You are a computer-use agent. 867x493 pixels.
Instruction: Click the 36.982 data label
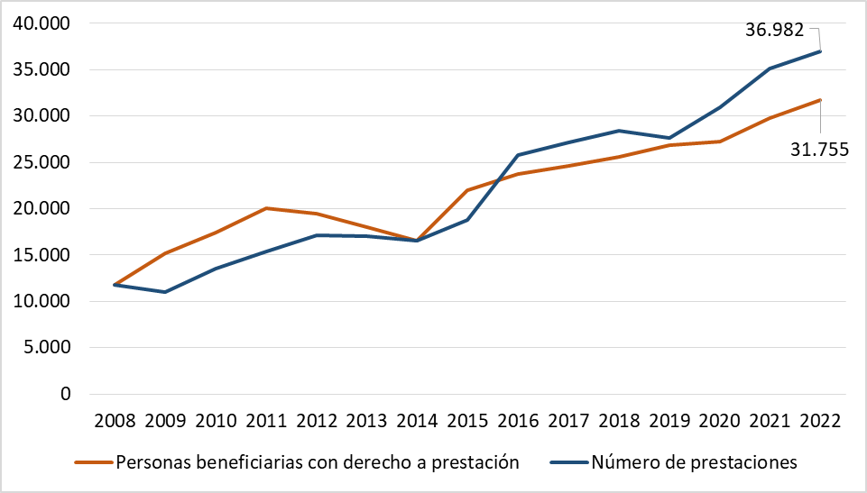[775, 30]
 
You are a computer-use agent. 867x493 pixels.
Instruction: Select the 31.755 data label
[819, 150]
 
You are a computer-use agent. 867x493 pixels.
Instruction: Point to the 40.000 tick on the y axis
[41, 23]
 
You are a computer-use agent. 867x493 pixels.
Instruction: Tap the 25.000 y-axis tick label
[41, 162]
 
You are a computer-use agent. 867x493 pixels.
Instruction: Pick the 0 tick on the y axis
[64, 394]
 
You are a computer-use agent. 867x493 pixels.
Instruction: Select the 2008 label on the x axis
[114, 421]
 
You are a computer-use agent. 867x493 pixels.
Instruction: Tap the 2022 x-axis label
[820, 421]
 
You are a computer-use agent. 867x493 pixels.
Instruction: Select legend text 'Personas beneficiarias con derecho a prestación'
[318, 462]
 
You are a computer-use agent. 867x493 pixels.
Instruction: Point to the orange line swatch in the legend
[93, 463]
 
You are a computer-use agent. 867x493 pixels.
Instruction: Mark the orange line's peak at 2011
[265, 208]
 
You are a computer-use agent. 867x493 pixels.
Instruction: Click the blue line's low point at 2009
[164, 292]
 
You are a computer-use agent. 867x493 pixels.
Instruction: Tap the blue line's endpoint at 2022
[820, 51]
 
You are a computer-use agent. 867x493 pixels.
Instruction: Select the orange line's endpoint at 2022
[820, 100]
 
